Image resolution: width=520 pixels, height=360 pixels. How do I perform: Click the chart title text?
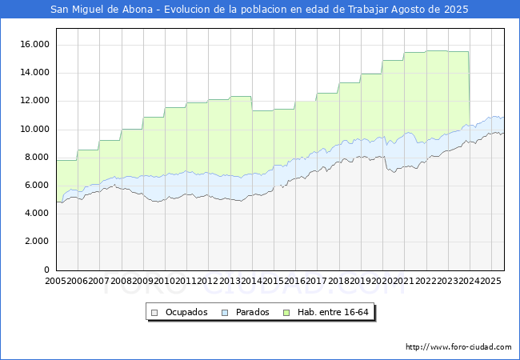259,10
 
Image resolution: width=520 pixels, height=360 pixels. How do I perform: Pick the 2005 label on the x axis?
56,282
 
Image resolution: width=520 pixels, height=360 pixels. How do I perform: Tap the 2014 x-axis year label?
251,282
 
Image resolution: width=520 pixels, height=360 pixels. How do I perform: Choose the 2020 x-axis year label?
382,282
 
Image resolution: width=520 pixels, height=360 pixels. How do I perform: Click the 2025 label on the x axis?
490,282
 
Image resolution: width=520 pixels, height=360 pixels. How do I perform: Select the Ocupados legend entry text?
186,312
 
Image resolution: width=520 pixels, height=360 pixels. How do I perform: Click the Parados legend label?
253,312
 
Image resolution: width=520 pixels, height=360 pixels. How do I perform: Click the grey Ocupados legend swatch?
155,312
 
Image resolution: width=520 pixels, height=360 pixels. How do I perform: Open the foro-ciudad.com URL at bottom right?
458,347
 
